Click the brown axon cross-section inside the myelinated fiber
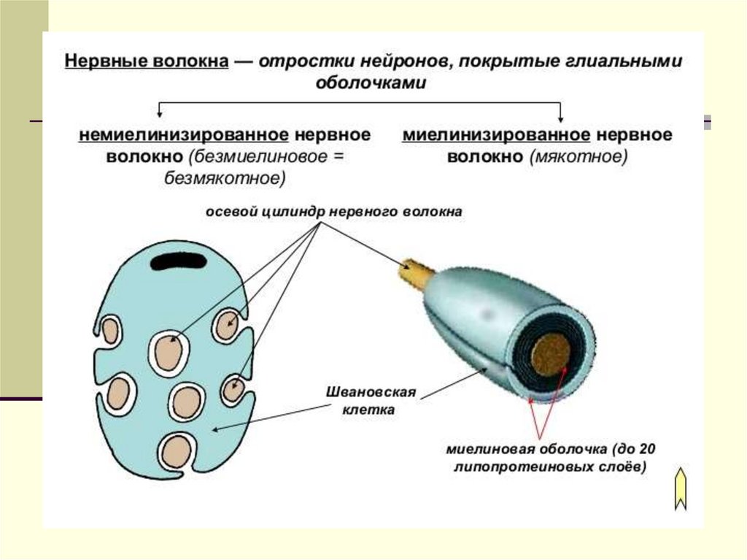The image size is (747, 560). [550, 354]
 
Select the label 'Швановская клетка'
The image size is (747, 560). [370, 401]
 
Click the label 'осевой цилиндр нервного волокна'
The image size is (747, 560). [333, 212]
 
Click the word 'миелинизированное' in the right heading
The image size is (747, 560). [496, 136]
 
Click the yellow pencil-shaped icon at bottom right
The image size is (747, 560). [680, 488]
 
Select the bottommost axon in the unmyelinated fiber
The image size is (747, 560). [177, 450]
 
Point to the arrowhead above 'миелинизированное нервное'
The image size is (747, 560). [560, 117]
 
